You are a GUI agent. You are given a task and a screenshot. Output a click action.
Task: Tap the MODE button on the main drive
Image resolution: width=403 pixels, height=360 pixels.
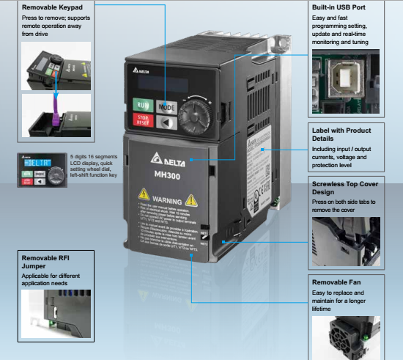[x=167, y=106]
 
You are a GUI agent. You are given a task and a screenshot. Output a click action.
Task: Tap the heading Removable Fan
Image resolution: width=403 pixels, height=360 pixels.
[x=337, y=282]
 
